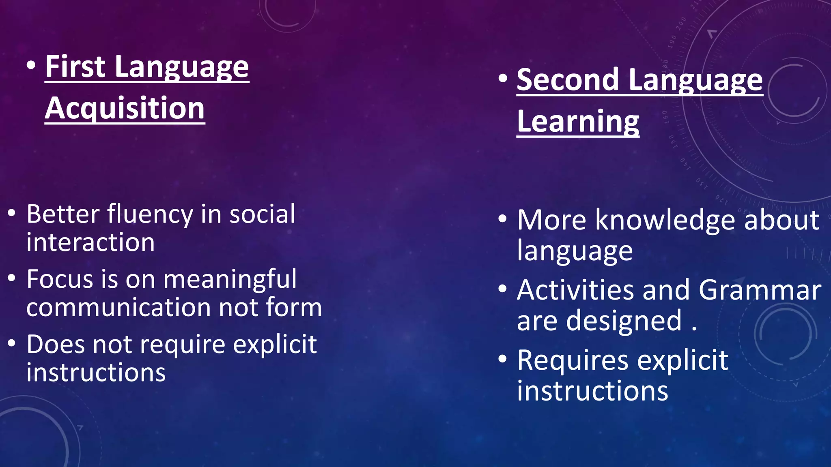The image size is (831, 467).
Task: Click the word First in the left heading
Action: pos(75,67)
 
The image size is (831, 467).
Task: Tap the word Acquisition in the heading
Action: pos(125,109)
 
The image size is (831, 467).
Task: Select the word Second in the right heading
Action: pos(568,80)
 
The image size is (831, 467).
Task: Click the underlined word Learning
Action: pos(578,122)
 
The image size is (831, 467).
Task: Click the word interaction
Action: pos(90,242)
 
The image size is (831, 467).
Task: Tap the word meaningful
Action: pos(230,279)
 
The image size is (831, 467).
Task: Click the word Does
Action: pos(56,345)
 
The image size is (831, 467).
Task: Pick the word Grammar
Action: pos(760,290)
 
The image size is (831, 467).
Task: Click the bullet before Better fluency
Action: pos(12,213)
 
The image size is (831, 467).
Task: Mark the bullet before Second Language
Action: pos(503,78)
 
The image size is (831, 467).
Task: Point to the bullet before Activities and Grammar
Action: pos(503,289)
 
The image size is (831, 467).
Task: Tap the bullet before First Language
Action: pos(31,65)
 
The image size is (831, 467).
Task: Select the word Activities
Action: pos(575,290)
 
